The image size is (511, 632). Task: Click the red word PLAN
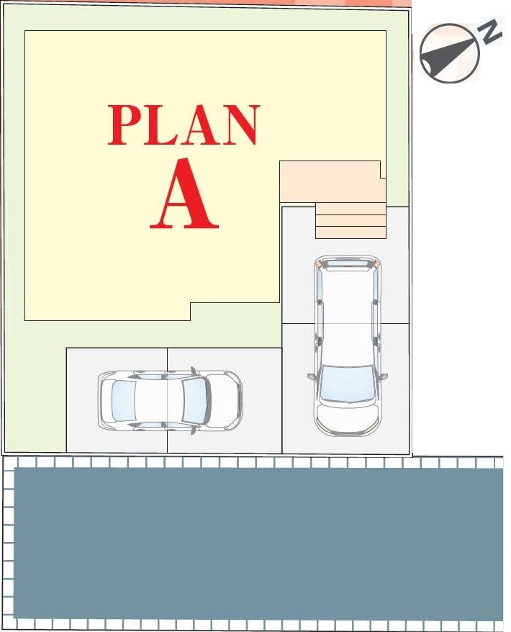click(x=184, y=125)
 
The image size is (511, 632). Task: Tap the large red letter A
click(x=184, y=194)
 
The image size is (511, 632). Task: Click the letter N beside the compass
click(x=489, y=31)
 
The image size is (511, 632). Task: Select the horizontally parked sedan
click(x=170, y=399)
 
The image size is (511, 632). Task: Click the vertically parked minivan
click(x=348, y=346)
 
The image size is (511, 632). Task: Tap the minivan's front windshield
click(x=348, y=383)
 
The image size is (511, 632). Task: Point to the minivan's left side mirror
click(x=311, y=376)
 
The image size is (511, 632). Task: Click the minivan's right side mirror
click(x=384, y=376)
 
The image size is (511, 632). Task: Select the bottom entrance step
click(x=351, y=233)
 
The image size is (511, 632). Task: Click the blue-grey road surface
click(x=258, y=543)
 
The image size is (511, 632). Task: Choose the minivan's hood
click(x=348, y=415)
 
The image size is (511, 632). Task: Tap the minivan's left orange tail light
click(x=318, y=264)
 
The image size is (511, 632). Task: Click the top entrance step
click(x=351, y=208)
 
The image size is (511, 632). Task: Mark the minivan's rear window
click(x=348, y=263)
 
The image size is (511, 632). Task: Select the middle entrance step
click(x=351, y=220)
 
